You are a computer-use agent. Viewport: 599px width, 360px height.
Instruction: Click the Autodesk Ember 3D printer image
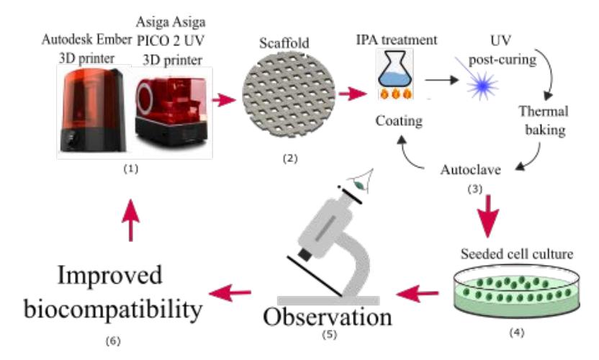click(93, 110)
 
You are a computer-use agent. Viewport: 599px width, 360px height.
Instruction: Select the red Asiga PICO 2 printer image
click(171, 111)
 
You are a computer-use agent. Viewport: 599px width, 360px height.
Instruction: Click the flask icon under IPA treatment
click(395, 74)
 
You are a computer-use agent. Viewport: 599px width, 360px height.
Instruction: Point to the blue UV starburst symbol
click(482, 85)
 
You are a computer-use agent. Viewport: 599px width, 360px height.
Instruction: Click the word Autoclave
click(470, 169)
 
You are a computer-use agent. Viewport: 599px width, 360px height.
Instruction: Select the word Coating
click(399, 121)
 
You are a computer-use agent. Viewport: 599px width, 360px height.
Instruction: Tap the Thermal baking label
click(544, 120)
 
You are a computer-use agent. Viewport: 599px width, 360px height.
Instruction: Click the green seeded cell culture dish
click(516, 291)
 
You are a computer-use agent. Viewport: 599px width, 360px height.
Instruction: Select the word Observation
click(328, 318)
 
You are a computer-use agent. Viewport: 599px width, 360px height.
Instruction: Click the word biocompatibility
click(113, 310)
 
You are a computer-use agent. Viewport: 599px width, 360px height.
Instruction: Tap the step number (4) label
click(516, 333)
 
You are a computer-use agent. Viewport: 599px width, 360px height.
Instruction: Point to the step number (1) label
click(130, 168)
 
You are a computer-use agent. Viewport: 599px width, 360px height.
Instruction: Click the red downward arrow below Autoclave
click(487, 216)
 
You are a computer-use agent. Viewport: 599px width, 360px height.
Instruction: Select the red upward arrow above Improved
click(130, 220)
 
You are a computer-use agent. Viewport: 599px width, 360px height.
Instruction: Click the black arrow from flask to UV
click(442, 80)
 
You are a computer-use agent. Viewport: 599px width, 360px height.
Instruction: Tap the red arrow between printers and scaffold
click(224, 100)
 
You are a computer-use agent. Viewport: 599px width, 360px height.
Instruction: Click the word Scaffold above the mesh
click(284, 42)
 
